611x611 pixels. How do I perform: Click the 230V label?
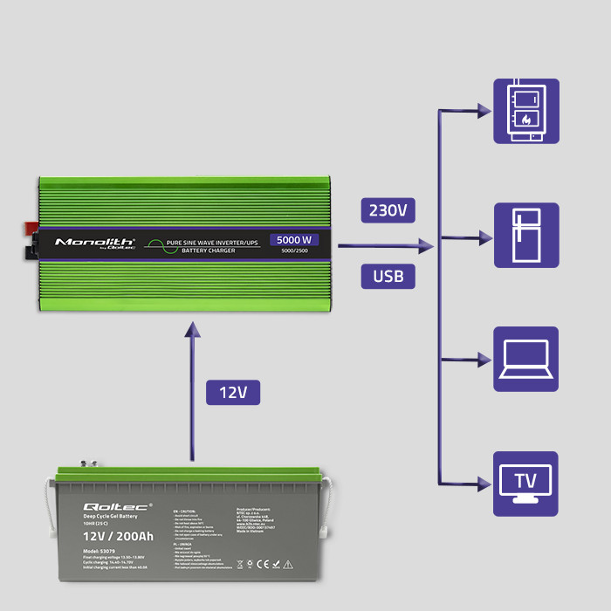coord(388,211)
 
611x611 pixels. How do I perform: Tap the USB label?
coord(388,277)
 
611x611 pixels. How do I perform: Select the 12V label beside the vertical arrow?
coord(233,393)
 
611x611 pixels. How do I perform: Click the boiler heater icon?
coord(526,111)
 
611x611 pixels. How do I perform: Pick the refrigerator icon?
coord(526,235)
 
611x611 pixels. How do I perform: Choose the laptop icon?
coord(526,359)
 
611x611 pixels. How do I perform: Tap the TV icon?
coord(526,483)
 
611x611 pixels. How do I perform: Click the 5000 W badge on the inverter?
coord(293,240)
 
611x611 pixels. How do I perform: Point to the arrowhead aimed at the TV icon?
coord(484,483)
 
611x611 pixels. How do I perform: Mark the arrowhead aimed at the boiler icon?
coord(484,111)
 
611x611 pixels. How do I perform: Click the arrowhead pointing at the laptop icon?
coord(484,359)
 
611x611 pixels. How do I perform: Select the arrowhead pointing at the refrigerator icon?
coord(484,236)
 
